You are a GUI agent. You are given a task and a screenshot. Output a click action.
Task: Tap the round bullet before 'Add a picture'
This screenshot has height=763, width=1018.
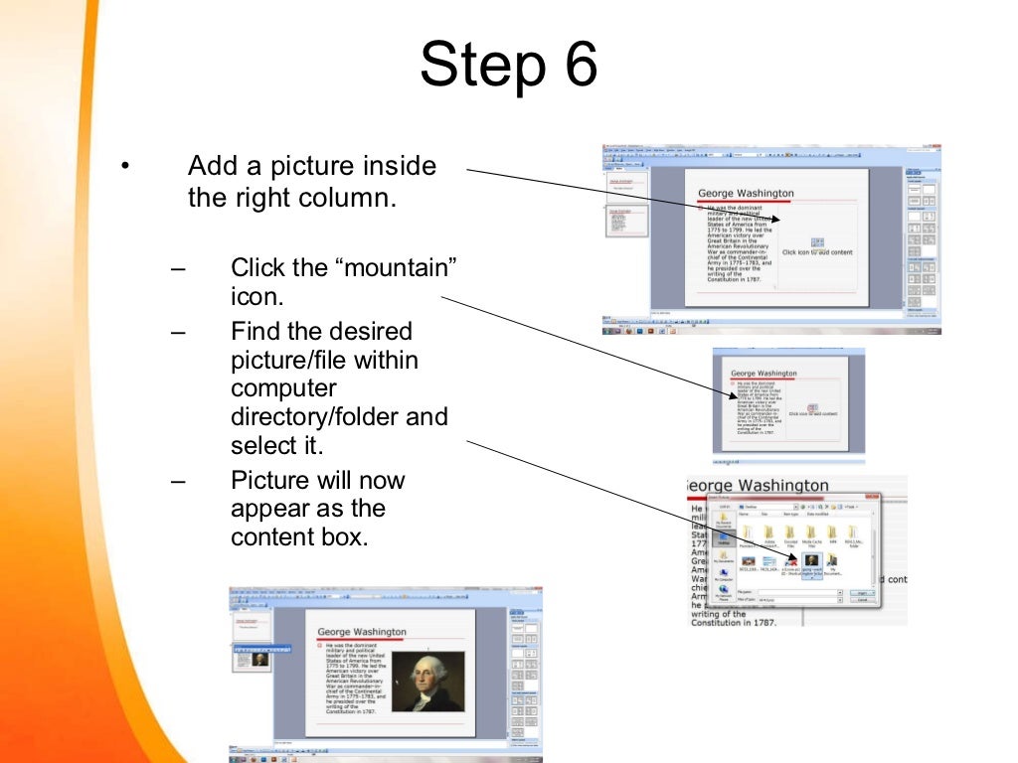tap(125, 166)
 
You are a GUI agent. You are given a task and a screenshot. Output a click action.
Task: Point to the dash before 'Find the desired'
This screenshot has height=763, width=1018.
tap(178, 331)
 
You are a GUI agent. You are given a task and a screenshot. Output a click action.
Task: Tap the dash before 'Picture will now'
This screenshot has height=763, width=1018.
tap(178, 480)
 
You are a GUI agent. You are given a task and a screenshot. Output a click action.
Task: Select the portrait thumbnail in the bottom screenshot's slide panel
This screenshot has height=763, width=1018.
tap(258, 659)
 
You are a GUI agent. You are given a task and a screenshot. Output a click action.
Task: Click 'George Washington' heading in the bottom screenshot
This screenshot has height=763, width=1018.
tap(362, 632)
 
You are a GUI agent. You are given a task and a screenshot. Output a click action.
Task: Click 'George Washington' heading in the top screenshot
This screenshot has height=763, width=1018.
tap(746, 193)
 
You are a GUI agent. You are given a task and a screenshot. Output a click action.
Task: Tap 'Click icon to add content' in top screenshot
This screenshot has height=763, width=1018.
tap(817, 252)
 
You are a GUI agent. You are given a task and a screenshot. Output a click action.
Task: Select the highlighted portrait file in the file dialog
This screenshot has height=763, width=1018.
tap(811, 562)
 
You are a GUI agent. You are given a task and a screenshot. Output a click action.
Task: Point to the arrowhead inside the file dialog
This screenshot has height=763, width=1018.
tap(791, 557)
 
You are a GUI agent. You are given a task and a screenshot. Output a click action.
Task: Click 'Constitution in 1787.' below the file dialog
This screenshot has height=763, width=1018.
tap(734, 622)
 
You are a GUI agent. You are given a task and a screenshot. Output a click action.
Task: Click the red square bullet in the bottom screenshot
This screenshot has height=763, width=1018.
tap(320, 645)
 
